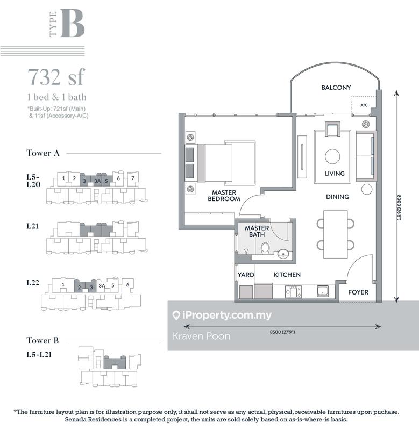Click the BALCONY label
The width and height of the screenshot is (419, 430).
(x=336, y=88)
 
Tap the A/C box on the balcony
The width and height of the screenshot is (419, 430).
(x=364, y=105)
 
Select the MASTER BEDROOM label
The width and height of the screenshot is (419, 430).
(x=224, y=196)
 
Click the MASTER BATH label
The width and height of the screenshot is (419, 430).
(x=257, y=231)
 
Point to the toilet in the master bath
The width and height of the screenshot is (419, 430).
(x=265, y=248)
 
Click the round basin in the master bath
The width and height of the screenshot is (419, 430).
(x=283, y=254)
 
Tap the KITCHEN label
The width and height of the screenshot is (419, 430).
(x=287, y=275)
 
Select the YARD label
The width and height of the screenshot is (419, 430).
(x=246, y=275)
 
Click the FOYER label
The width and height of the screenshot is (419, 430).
(x=358, y=292)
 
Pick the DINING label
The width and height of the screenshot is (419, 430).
(x=337, y=197)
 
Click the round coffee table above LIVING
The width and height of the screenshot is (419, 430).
(x=332, y=156)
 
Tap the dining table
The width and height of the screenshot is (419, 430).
(x=335, y=234)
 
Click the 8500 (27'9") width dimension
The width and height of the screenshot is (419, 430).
(x=282, y=332)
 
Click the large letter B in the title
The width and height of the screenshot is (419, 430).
(x=72, y=23)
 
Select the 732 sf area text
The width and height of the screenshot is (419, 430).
(x=56, y=77)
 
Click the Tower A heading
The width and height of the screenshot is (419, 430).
(x=43, y=153)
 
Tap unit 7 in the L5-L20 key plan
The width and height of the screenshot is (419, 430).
(x=133, y=178)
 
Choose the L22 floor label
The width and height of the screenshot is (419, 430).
(x=33, y=283)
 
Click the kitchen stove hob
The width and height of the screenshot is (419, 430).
(x=293, y=291)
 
